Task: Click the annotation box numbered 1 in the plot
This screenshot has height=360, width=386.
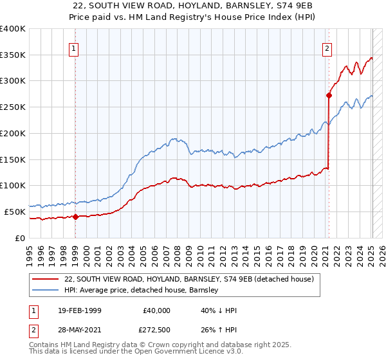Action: (x=75, y=48)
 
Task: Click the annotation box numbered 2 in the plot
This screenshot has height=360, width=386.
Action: (x=327, y=48)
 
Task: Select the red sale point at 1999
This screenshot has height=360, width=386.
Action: (x=75, y=217)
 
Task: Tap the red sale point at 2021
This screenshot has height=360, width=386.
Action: (x=329, y=95)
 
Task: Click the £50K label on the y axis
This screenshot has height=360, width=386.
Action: (x=15, y=212)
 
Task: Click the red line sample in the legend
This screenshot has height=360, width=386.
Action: (x=44, y=279)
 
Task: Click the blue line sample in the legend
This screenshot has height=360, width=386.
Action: (x=44, y=290)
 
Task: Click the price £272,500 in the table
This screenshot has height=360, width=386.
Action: (x=157, y=330)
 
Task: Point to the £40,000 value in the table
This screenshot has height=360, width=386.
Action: (x=157, y=310)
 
